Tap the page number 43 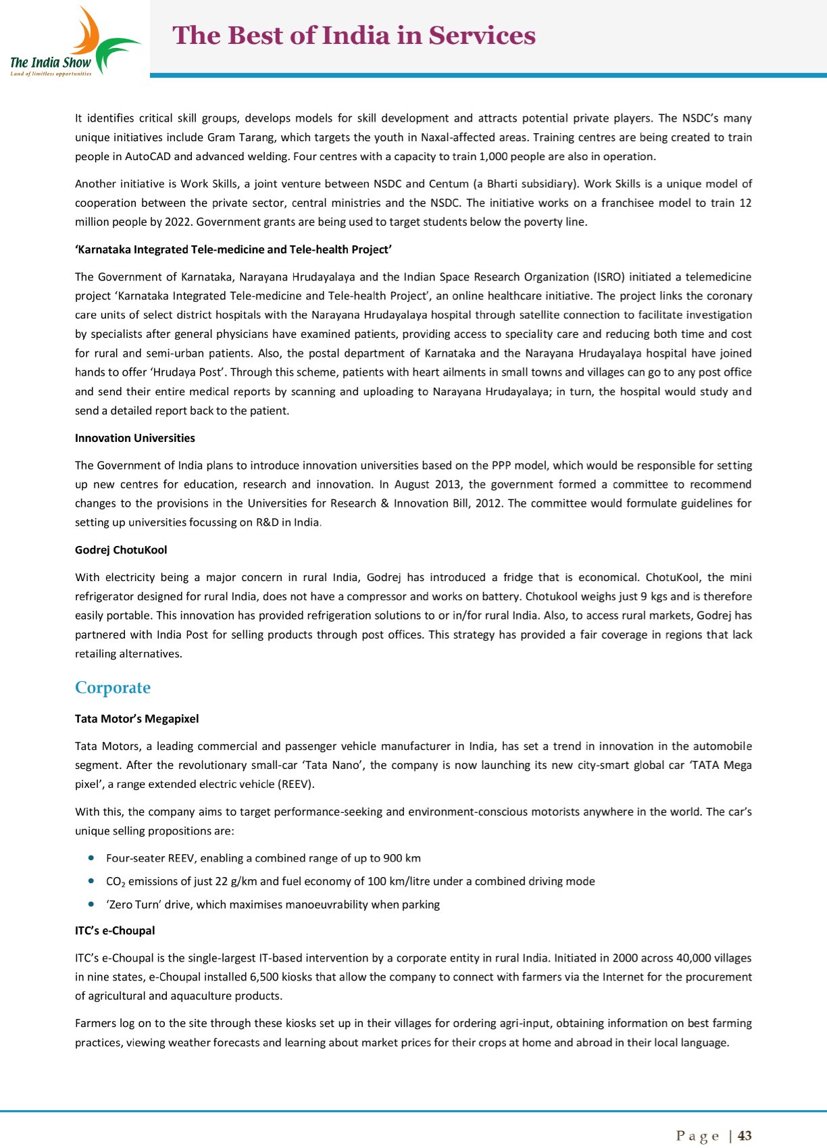point(745,1136)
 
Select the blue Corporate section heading point(113,688)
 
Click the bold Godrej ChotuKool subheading point(121,550)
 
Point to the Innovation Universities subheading point(134,438)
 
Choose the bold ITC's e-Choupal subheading point(115,930)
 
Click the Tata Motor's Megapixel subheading point(136,719)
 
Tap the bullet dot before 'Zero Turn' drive point(91,904)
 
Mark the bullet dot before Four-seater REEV point(91,857)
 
